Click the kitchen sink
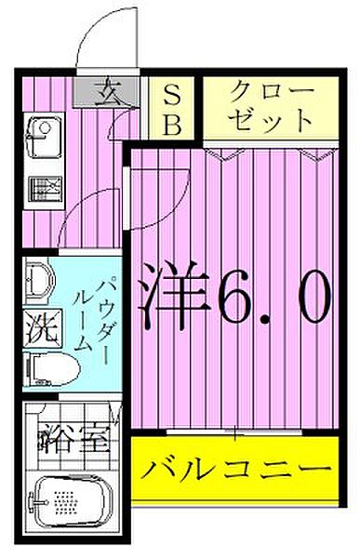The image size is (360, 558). [43, 135]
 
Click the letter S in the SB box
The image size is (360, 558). [174, 94]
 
